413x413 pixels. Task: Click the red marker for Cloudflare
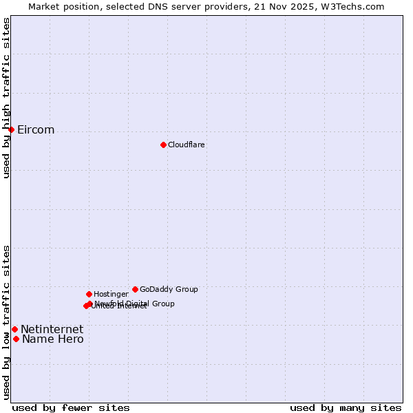(x=163, y=145)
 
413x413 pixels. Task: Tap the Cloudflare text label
(x=186, y=145)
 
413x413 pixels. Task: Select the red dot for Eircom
(x=11, y=129)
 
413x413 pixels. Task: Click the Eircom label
(x=36, y=130)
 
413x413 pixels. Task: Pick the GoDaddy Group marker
(x=135, y=289)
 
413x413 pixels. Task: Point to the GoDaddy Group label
(x=169, y=290)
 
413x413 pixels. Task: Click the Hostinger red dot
(x=89, y=294)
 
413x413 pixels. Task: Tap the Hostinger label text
(x=111, y=295)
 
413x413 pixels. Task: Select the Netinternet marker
(x=14, y=329)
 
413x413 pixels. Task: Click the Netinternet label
(x=52, y=330)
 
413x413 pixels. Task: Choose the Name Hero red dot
(x=16, y=339)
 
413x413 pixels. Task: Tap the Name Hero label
(x=53, y=339)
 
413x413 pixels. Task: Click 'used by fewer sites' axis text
(x=71, y=408)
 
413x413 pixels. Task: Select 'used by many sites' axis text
(x=346, y=408)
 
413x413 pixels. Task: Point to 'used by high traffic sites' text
(x=7, y=98)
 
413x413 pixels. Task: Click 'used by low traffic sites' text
(x=7, y=322)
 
